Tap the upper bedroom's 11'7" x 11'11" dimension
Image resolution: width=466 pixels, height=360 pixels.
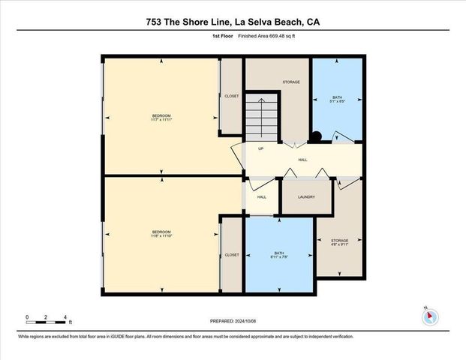pos(161,119)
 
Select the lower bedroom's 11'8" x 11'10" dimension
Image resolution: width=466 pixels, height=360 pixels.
pos(161,235)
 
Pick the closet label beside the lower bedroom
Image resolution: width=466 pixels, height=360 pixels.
pos(232,255)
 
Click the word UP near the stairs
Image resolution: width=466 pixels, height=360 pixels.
pos(260,148)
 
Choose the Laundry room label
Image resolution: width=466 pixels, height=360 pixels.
pos(305,197)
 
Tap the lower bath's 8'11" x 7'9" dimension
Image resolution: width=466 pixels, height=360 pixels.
pos(278,259)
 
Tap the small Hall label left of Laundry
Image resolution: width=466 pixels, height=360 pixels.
pos(262,197)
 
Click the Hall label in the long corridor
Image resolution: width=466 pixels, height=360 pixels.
pos(302,160)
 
